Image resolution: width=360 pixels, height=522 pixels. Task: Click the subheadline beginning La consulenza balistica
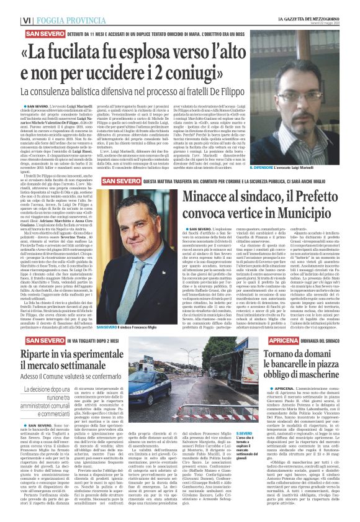(x=143, y=92)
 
